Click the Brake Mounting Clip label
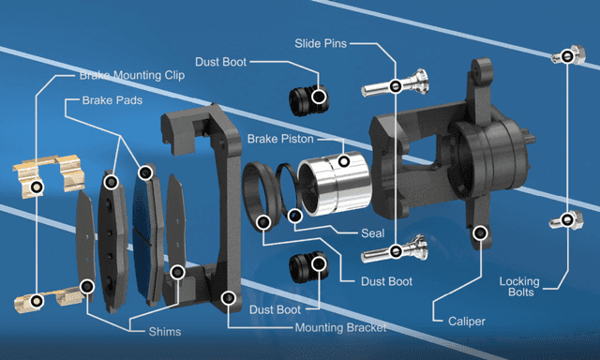pyautogui.click(x=132, y=75)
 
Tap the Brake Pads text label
pyautogui.click(x=112, y=100)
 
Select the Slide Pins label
pyautogui.click(x=321, y=44)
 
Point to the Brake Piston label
pyautogui.click(x=280, y=139)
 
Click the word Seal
pyautogui.click(x=373, y=233)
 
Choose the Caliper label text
pyautogui.click(x=467, y=322)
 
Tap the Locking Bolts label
pyautogui.click(x=519, y=287)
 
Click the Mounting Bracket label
pyautogui.click(x=340, y=328)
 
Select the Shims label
pyautogui.click(x=165, y=331)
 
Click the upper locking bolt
pyautogui.click(x=568, y=55)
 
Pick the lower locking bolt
pyautogui.click(x=566, y=220)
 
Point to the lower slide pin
pyautogui.click(x=395, y=249)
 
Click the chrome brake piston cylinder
pyautogui.click(x=334, y=183)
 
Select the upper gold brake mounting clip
pyautogui.click(x=49, y=175)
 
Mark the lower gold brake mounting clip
pyautogui.click(x=48, y=299)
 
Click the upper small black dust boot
pyautogui.click(x=308, y=100)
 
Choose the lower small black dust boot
pyautogui.click(x=308, y=267)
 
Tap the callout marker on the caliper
pyautogui.click(x=480, y=232)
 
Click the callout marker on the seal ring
pyautogui.click(x=294, y=217)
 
